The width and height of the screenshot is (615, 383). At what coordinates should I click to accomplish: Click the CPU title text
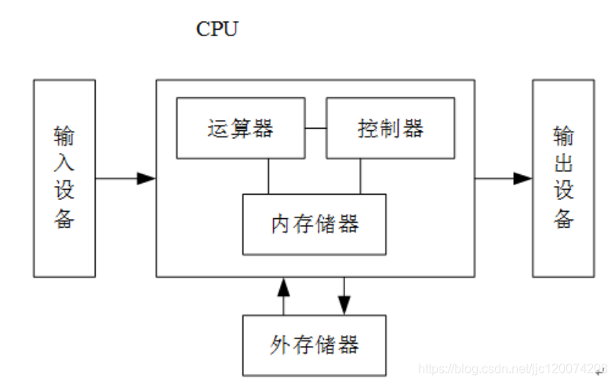[x=217, y=30]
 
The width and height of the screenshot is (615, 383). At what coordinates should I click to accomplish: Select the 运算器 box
[x=241, y=128]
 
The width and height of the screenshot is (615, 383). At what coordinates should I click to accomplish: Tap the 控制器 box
[x=390, y=128]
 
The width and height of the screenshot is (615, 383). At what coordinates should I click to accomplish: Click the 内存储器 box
[x=314, y=224]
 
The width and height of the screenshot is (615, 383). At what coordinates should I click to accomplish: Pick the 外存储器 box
[x=314, y=345]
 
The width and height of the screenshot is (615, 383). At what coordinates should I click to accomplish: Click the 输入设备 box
[x=64, y=178]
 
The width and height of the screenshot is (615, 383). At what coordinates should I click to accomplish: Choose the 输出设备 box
[x=563, y=178]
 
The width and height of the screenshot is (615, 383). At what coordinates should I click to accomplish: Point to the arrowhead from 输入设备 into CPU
[x=146, y=178]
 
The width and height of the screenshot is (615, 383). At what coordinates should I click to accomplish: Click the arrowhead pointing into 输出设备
[x=522, y=178]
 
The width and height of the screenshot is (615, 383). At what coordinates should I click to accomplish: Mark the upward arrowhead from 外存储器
[x=284, y=286]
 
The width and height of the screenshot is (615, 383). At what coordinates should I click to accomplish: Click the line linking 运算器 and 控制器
[x=315, y=128]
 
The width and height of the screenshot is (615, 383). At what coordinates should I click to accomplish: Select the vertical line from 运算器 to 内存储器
[x=268, y=176]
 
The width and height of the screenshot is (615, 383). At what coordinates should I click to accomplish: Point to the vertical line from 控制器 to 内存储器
[x=361, y=176]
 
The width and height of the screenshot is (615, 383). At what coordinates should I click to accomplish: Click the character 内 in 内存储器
[x=281, y=224]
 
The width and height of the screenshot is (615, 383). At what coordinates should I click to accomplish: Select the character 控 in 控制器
[x=368, y=128]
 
